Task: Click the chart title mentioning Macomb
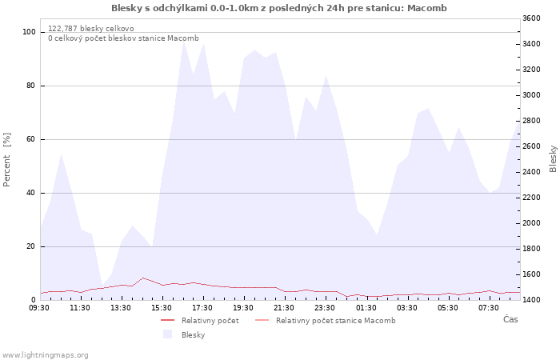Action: point(279,8)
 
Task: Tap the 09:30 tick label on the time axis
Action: point(39,308)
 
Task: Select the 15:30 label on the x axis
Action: point(162,308)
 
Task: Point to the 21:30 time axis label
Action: point(284,308)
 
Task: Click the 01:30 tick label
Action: point(366,308)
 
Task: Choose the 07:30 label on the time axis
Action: point(489,308)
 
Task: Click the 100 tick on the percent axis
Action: point(30,32)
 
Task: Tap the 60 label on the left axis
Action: point(30,139)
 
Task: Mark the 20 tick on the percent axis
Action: point(30,246)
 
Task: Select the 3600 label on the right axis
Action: point(531,18)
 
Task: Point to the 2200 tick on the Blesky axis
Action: point(531,198)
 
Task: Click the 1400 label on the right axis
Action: point(531,300)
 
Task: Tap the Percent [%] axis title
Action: point(6,160)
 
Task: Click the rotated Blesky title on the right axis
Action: point(553,159)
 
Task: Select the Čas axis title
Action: point(510,319)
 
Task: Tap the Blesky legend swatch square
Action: point(167,334)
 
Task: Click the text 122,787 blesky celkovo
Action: point(91,29)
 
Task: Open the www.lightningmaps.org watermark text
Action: point(45,355)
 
